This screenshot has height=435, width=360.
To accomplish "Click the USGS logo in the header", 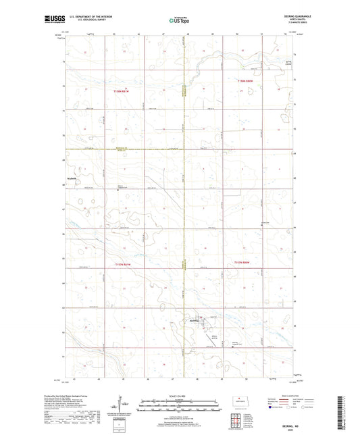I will pyautogui.click(x=53, y=20).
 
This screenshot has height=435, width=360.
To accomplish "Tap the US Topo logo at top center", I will pyautogui.click(x=179, y=21).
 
